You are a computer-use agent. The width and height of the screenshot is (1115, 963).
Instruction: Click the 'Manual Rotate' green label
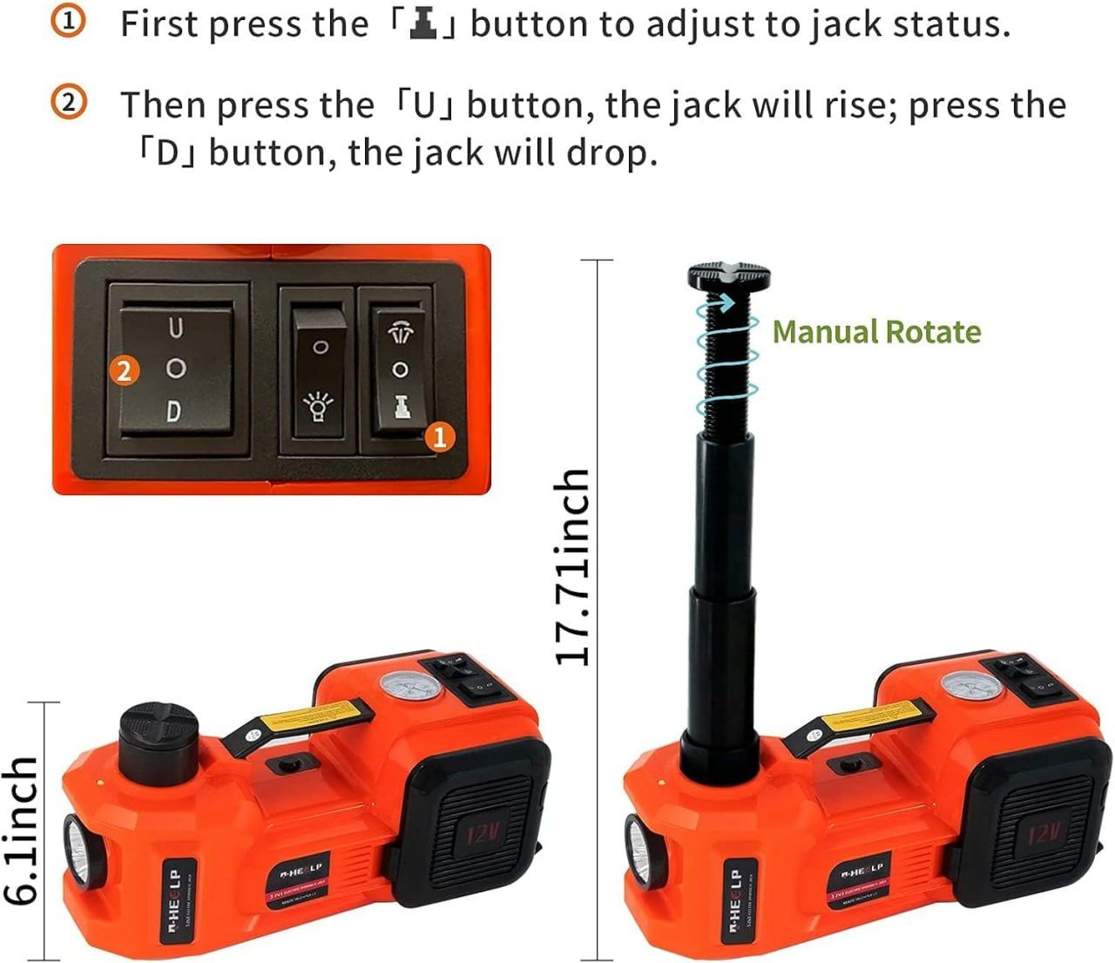[876, 332]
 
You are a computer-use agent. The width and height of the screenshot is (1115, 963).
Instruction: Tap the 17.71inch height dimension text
[572, 567]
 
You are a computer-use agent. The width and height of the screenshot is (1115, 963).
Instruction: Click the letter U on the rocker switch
[176, 329]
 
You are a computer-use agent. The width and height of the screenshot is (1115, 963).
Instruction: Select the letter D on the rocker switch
[174, 410]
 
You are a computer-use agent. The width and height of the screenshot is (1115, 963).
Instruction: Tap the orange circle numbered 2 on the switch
[125, 371]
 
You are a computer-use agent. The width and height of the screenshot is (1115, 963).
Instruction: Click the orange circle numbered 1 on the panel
[440, 437]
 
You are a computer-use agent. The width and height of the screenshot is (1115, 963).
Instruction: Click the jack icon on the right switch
[401, 407]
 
